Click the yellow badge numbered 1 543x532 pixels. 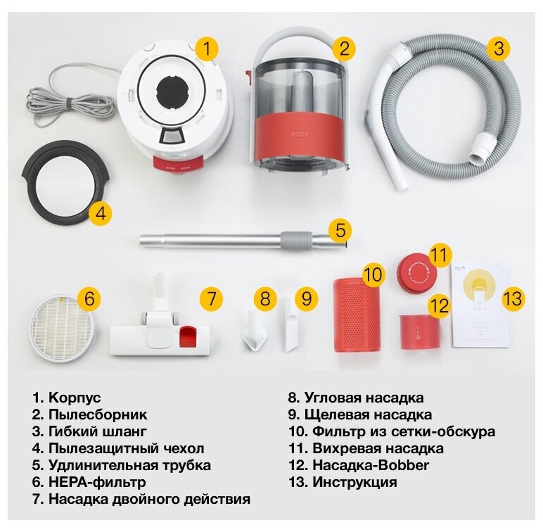click(x=207, y=49)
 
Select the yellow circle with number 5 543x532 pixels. click(x=340, y=230)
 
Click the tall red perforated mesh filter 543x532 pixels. click(x=355, y=315)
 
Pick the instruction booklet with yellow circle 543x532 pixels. click(x=480, y=305)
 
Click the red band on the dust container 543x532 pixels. click(x=298, y=136)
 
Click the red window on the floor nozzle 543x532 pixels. click(x=187, y=336)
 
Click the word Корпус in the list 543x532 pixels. click(x=75, y=398)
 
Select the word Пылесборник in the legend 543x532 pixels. click(x=98, y=414)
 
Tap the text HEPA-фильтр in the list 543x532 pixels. click(x=97, y=482)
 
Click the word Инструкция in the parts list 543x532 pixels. click(x=354, y=482)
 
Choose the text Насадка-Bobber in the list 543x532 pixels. click(x=371, y=465)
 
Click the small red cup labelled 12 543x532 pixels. click(x=419, y=331)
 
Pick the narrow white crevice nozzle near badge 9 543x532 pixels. click(x=292, y=324)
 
